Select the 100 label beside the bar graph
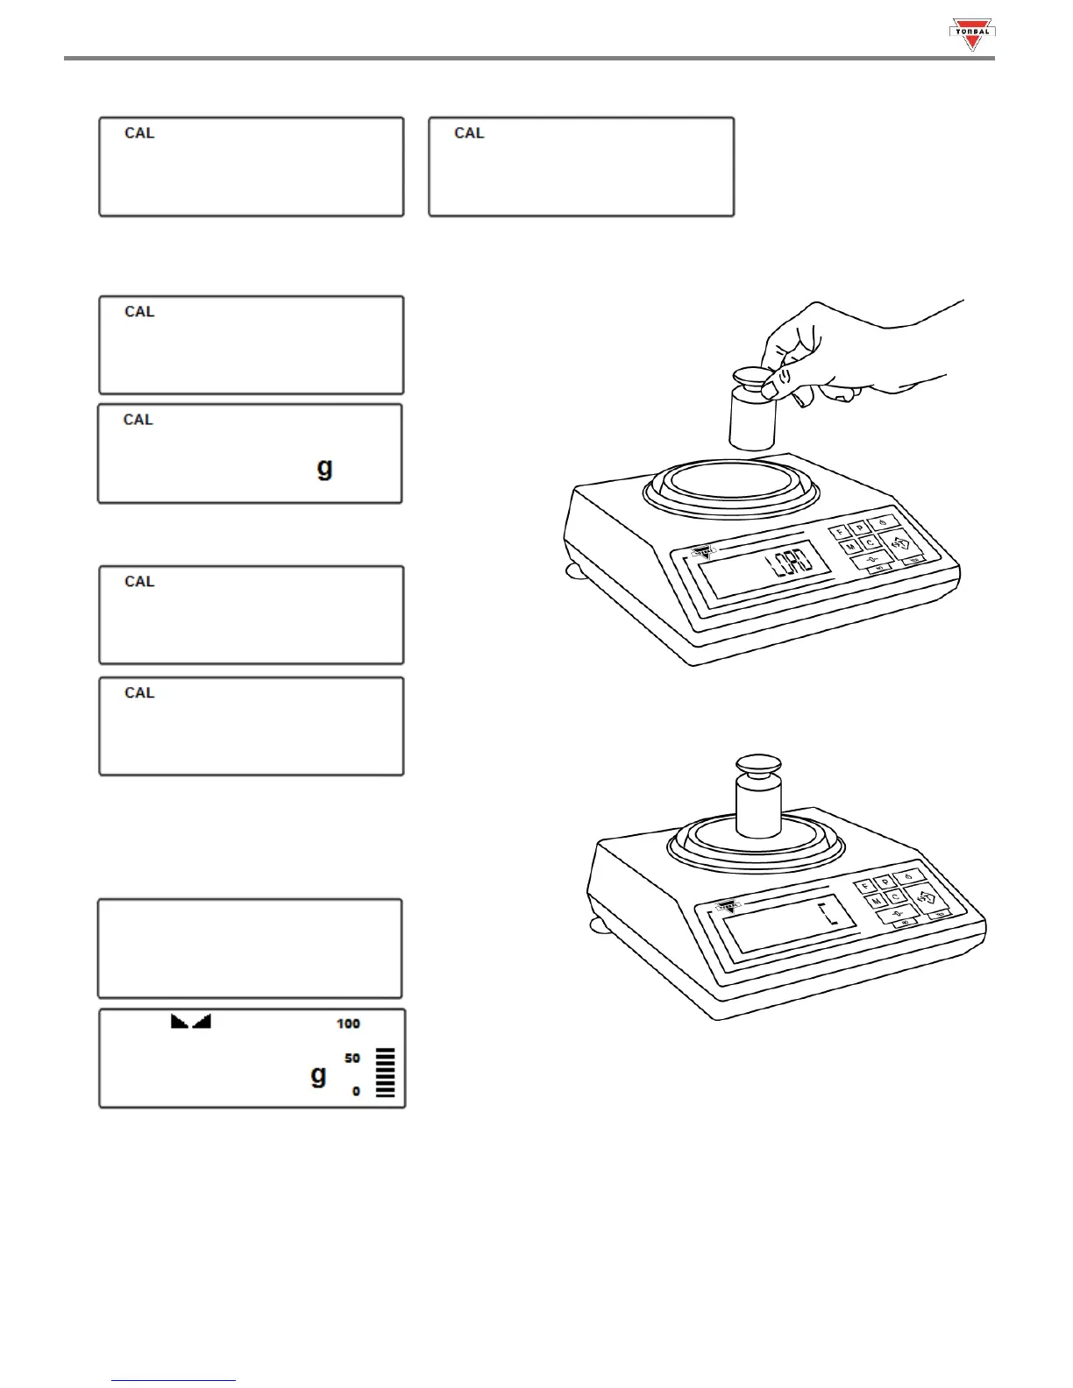pyautogui.click(x=348, y=1023)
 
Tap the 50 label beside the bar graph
pyautogui.click(x=352, y=1059)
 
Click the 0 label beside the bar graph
pyautogui.click(x=356, y=1091)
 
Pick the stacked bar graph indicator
pyautogui.click(x=385, y=1073)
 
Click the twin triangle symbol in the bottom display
pyautogui.click(x=191, y=1021)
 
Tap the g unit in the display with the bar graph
pyautogui.click(x=318, y=1074)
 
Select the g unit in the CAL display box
pyautogui.click(x=324, y=467)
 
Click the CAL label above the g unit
pyautogui.click(x=138, y=420)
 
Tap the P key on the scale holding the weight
pyautogui.click(x=885, y=881)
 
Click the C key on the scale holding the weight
pyautogui.click(x=895, y=897)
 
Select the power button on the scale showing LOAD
pyautogui.click(x=882, y=523)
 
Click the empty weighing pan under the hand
pyautogui.click(x=731, y=485)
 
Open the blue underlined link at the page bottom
pyautogui.click(x=174, y=1379)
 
